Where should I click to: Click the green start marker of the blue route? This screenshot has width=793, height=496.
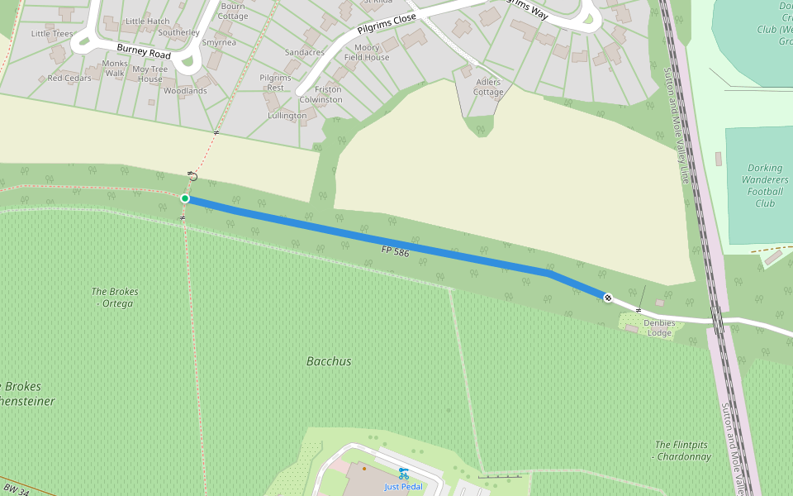[185, 198]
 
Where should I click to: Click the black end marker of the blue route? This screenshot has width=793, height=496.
[608, 298]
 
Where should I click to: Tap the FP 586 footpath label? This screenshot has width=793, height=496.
[396, 251]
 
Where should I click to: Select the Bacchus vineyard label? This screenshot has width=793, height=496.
[329, 361]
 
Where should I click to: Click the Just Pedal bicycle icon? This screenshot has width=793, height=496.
[403, 474]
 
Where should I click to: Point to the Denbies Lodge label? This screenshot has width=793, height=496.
[659, 328]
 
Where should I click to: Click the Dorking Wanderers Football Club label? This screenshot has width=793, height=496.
[765, 185]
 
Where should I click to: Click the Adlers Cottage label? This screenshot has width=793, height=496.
[488, 87]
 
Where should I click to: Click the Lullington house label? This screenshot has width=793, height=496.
[287, 116]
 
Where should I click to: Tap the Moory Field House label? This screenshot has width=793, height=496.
[367, 53]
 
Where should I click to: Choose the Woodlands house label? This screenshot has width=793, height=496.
[185, 91]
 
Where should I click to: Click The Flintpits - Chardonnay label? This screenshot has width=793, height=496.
[682, 451]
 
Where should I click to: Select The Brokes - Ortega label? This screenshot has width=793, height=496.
[115, 298]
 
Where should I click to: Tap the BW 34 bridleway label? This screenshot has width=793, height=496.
[17, 491]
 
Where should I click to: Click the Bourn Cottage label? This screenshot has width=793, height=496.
[233, 11]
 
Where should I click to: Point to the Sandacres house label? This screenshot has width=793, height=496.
[304, 52]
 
